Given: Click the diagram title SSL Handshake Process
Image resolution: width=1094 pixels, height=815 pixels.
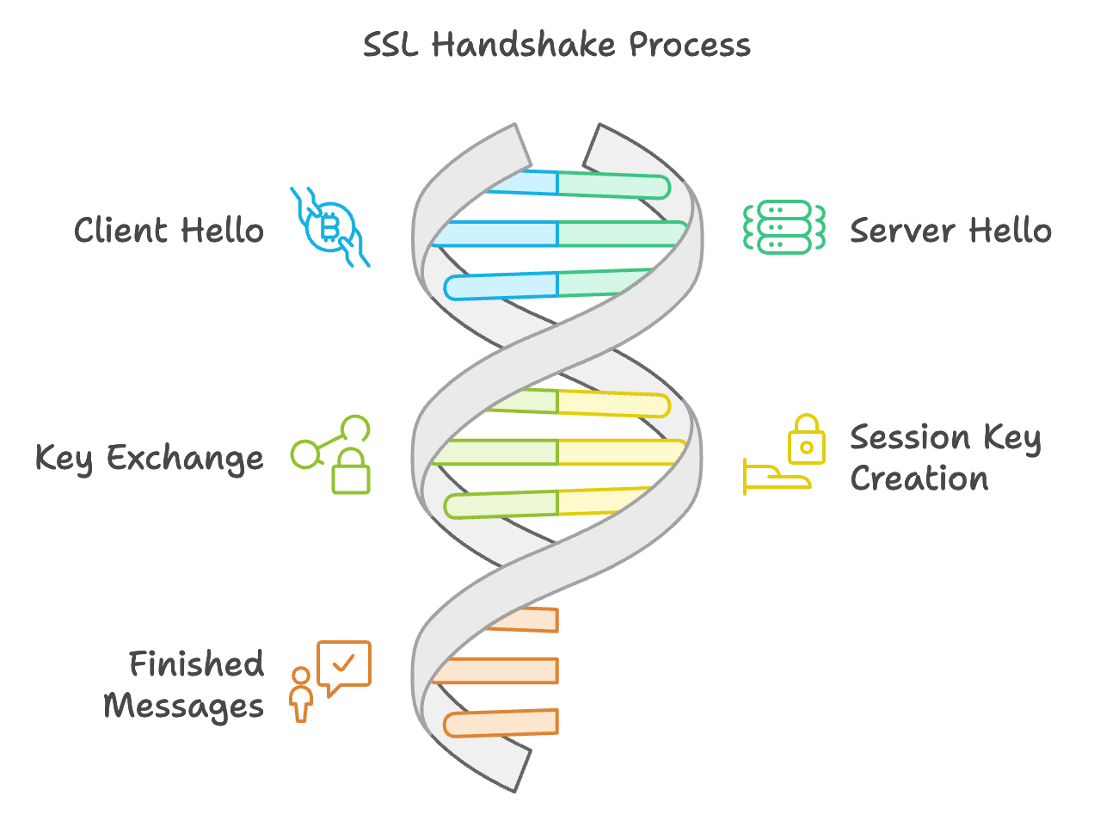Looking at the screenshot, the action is pos(556,45).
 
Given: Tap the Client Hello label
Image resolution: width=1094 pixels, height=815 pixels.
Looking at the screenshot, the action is pos(169,230).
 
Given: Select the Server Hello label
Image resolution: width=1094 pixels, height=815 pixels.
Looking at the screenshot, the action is pos(951,230).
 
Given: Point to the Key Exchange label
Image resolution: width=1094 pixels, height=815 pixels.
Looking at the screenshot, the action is pos(150,459).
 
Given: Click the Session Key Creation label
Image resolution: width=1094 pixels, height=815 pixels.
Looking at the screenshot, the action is pos(945,457).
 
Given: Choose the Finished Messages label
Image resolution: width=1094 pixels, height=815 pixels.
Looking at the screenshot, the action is pos(183,686).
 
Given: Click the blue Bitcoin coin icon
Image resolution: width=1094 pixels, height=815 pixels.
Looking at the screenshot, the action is pos(330,227).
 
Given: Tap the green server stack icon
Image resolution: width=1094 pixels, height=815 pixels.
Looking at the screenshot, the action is pos(784,227).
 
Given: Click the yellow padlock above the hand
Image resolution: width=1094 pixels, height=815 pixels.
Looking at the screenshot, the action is pos(807,439).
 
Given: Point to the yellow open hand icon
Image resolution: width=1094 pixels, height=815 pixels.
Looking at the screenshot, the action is pos(777,477).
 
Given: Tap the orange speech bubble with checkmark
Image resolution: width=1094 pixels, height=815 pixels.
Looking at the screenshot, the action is pos(344,667).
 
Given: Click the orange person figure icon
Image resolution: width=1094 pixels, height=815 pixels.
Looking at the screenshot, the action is pos(301,695).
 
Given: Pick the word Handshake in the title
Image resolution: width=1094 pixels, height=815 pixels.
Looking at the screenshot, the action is pos(523,45).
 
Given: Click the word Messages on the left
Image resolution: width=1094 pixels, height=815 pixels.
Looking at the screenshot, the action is pos(183,706).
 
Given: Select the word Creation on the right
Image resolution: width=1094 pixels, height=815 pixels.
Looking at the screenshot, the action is pos(919,478).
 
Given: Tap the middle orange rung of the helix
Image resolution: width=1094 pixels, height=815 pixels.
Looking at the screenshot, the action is pos(495,670).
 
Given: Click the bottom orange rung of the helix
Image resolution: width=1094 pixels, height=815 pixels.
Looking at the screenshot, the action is pos(501,723).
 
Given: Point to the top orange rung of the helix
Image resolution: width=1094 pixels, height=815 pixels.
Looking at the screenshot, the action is pos(524,620).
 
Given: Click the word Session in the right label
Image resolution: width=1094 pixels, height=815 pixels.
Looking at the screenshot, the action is pos(910,437).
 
